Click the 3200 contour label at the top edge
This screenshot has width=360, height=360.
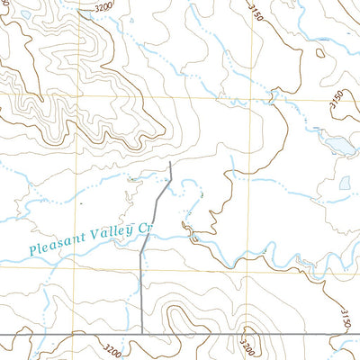point(103,7)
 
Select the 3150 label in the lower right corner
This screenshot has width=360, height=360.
point(345,318)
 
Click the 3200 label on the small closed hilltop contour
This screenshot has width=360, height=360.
point(246,344)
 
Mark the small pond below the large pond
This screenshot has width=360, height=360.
point(345,183)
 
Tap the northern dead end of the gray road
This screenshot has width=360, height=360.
point(170,162)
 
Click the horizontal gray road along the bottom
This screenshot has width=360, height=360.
point(225,335)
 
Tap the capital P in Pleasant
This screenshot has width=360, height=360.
point(33,249)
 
